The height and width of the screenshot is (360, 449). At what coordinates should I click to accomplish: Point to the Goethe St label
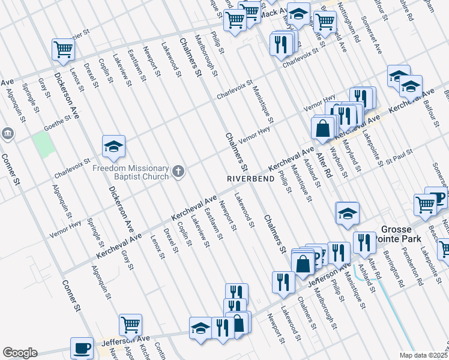(58, 122)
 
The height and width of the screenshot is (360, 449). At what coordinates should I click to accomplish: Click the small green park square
(43, 144)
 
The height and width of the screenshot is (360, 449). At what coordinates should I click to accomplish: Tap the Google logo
(20, 352)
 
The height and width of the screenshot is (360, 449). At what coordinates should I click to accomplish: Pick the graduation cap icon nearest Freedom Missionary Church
(113, 146)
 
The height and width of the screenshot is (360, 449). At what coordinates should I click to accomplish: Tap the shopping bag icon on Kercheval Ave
(323, 127)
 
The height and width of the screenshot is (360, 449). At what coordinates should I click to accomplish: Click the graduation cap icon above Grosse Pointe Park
(347, 213)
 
